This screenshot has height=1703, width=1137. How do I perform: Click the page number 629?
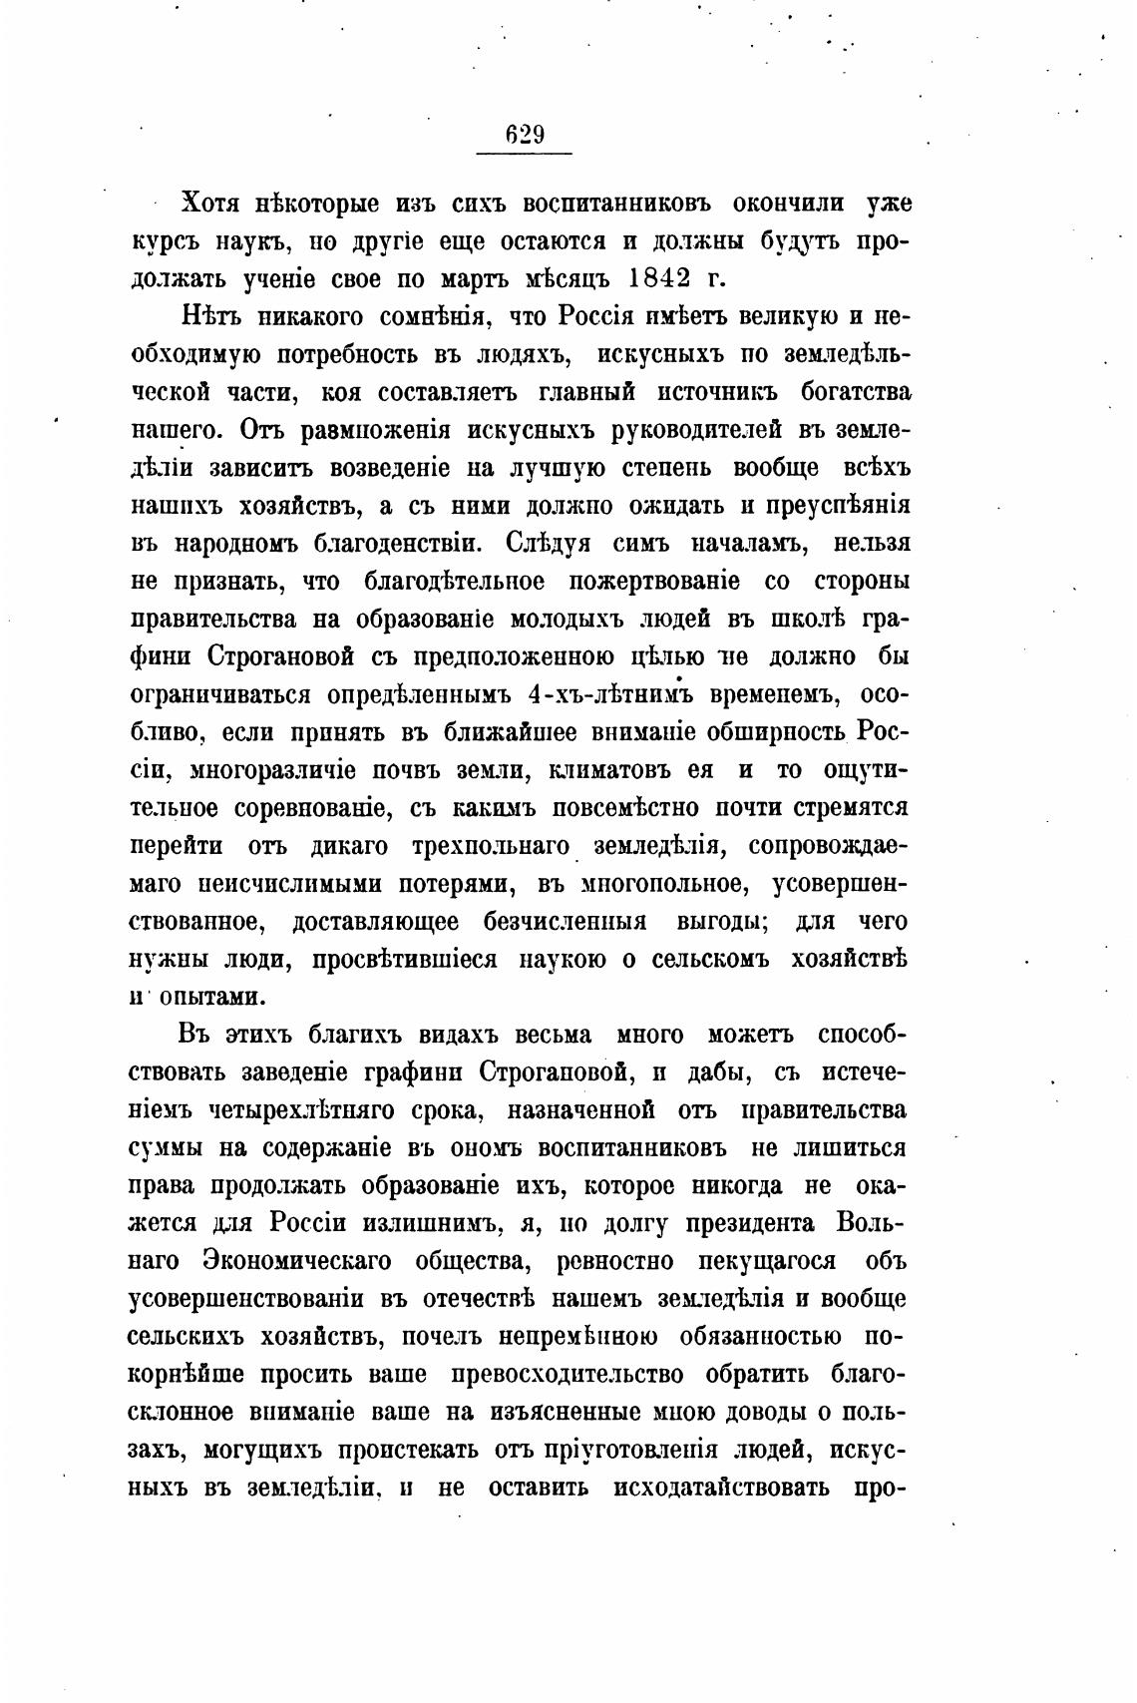(525, 134)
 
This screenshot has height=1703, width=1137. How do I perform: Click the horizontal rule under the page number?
(525, 154)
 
